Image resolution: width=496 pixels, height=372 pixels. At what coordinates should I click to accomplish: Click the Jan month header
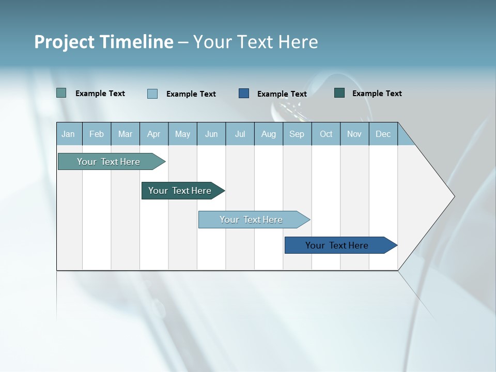click(x=68, y=134)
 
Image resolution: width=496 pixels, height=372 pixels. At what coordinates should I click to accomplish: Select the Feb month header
click(x=97, y=134)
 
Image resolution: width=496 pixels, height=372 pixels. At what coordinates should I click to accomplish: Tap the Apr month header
click(x=153, y=134)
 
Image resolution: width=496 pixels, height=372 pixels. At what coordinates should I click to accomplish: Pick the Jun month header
click(x=211, y=134)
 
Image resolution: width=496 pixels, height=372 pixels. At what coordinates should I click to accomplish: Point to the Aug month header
click(x=268, y=134)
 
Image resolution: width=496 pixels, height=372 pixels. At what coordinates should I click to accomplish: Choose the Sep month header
click(x=297, y=134)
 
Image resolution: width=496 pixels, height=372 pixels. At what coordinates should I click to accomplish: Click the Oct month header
click(x=326, y=134)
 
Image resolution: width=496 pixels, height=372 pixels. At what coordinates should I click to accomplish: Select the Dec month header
click(x=383, y=134)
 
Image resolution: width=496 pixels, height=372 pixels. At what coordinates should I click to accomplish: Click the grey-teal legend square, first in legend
click(x=61, y=93)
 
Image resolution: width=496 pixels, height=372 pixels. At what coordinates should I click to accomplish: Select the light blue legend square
click(x=152, y=94)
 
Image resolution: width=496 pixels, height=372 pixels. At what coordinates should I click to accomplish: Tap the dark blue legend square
click(x=244, y=93)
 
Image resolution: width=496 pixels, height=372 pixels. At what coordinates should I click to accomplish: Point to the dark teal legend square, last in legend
click(x=339, y=93)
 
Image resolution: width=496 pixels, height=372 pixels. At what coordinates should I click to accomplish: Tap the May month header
click(x=182, y=134)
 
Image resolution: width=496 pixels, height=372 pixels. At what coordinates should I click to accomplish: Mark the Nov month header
click(x=354, y=134)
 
